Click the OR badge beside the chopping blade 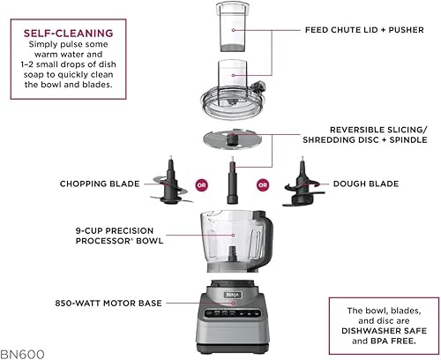pyautogui.click(x=201, y=185)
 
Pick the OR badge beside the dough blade pyautogui.click(x=262, y=185)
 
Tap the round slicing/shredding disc pyautogui.click(x=231, y=140)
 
